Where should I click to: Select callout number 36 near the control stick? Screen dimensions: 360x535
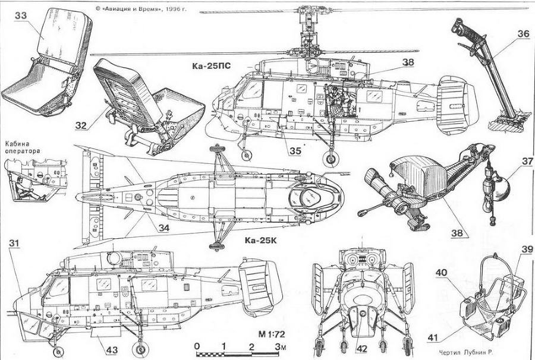(523, 34)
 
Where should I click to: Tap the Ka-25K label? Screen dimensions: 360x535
(262, 241)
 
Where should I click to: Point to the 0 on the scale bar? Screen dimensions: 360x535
(196, 347)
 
